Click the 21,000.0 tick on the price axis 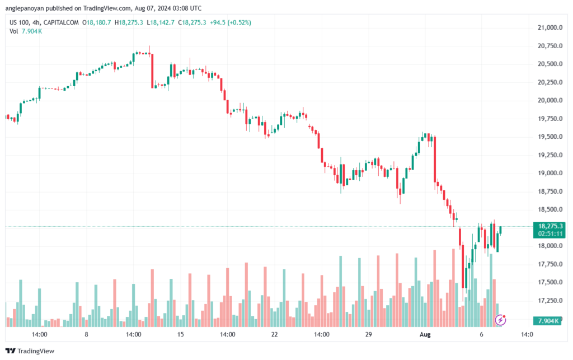[550, 27]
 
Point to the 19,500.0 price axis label [550, 137]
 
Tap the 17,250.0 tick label [550, 301]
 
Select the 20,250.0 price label [550, 82]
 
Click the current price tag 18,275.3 [551, 226]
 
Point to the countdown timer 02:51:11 [551, 233]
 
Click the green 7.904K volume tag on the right [547, 321]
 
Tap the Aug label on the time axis [425, 334]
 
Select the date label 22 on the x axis [274, 334]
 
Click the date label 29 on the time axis [368, 334]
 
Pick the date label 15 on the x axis [181, 334]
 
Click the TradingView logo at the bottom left [30, 351]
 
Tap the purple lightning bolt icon [500, 320]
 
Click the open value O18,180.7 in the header [96, 22]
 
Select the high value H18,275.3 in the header [129, 22]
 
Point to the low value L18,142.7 [161, 22]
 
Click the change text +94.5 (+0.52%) [230, 22]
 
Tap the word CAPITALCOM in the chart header [61, 22]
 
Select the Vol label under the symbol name [13, 31]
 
